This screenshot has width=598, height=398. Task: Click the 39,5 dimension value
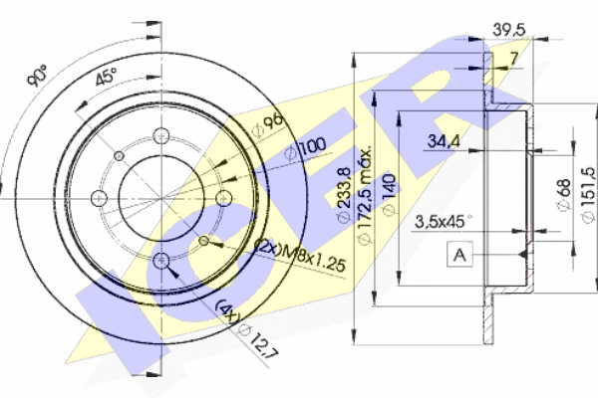[x=508, y=29]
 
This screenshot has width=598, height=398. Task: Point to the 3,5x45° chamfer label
[x=443, y=221]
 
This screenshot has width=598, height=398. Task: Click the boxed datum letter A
[x=459, y=256]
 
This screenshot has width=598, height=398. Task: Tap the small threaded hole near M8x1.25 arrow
[x=203, y=240]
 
